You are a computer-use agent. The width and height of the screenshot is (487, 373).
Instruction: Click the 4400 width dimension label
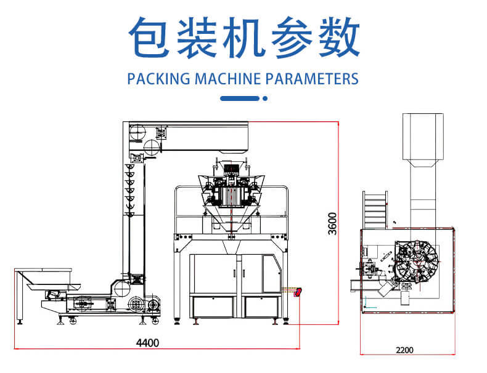147,343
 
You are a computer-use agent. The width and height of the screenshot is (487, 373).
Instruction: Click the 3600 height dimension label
332,223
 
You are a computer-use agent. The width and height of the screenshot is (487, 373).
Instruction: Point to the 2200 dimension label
404,350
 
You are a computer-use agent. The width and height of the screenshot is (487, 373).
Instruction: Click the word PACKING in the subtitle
158,79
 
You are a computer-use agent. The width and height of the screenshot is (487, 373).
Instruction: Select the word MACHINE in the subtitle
227,79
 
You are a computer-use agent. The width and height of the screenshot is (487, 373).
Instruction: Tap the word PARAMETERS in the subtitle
312,79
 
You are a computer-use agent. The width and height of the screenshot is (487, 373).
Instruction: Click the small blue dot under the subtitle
265,98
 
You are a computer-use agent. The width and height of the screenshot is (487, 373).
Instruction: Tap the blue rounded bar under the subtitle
240,98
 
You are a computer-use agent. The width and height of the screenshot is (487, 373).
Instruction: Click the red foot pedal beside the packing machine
298,292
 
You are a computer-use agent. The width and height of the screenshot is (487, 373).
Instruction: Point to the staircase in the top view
375,210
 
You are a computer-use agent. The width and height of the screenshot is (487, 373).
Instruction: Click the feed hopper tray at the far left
48,279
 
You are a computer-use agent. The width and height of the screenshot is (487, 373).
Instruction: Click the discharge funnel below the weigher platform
231,247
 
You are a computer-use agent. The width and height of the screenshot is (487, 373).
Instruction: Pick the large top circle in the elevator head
137,132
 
